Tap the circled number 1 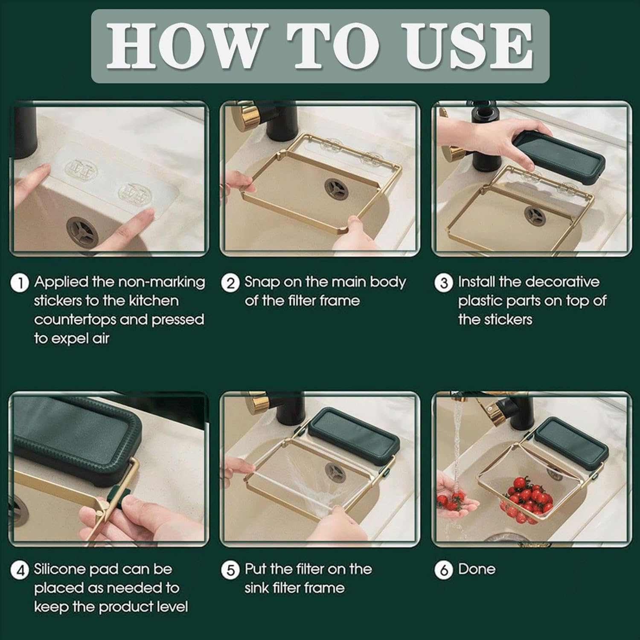(x=19, y=283)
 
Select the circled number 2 (x=231, y=283)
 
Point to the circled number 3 (x=444, y=283)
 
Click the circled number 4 (x=19, y=570)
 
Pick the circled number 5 (x=231, y=570)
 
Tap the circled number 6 (x=444, y=570)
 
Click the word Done (x=477, y=569)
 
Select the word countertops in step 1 (x=73, y=320)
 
